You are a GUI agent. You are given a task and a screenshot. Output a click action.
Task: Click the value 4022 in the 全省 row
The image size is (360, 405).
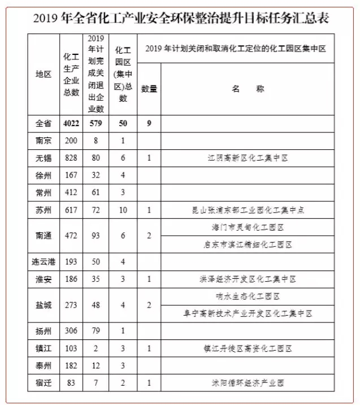(71, 123)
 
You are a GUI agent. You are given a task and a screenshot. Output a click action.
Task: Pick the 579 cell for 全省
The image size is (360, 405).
(96, 123)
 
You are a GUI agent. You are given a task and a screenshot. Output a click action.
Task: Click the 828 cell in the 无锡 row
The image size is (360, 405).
(71, 158)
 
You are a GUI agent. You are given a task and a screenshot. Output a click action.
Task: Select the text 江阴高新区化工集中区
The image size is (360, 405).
(248, 158)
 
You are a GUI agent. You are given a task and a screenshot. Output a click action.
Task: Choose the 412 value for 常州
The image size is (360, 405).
(71, 193)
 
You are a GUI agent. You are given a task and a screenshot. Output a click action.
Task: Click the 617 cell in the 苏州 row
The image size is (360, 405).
(71, 210)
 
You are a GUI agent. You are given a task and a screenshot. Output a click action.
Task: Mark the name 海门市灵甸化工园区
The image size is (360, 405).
(248, 227)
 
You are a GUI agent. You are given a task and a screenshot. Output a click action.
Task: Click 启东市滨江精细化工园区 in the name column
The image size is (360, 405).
(248, 244)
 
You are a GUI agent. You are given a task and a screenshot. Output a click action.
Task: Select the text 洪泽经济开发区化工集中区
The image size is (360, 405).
(248, 279)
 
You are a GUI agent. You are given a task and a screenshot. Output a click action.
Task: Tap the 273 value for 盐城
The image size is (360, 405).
(71, 305)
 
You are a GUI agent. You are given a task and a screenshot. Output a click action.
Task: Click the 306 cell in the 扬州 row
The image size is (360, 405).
(71, 331)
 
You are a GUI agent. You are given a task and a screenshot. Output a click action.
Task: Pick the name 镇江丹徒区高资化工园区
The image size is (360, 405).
(248, 348)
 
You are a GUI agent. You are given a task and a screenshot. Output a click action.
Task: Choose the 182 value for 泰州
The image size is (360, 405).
(71, 366)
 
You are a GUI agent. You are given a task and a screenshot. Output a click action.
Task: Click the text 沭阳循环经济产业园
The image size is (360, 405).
(248, 384)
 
